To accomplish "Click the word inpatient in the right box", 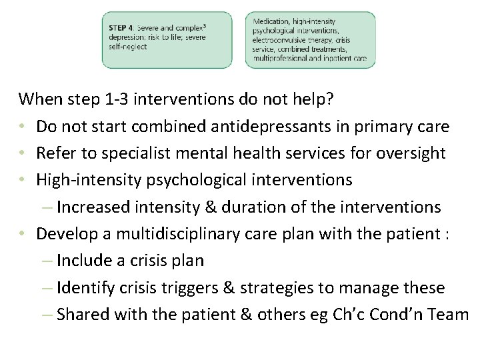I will tap(335, 58).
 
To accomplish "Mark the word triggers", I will tap(201, 288).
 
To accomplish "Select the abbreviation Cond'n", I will tap(403, 315).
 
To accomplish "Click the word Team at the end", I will tap(452, 315).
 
